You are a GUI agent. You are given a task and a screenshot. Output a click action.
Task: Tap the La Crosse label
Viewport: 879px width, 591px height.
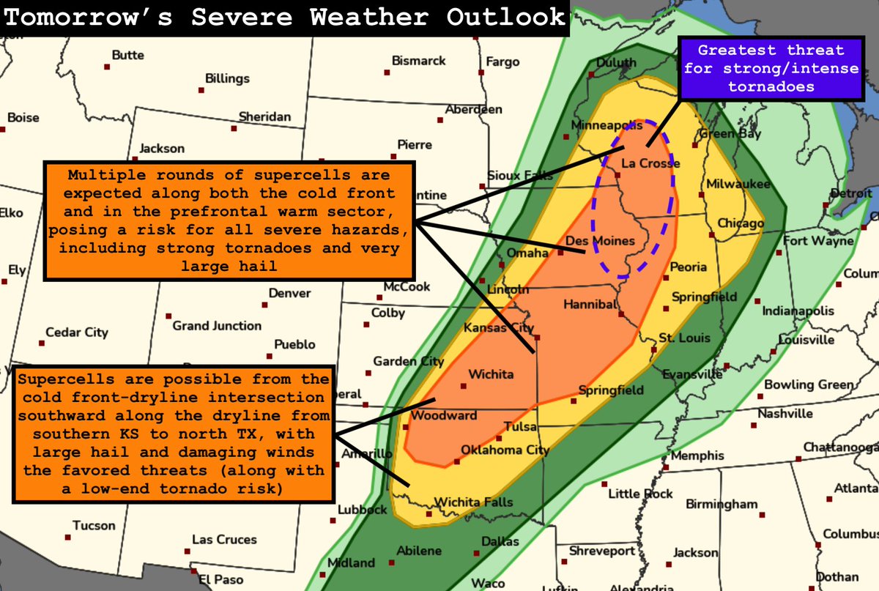650,163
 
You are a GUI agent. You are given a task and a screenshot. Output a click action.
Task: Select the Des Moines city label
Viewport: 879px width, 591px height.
599,240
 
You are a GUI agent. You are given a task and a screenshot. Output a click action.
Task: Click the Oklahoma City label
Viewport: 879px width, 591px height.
505,450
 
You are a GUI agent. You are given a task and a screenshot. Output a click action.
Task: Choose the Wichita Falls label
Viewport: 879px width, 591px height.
474,502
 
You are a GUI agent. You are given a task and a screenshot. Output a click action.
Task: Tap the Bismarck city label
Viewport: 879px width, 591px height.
418,61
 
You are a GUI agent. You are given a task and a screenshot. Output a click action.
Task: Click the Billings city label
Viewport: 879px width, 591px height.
227,78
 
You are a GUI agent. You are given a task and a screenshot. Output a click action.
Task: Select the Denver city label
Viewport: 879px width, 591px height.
289,293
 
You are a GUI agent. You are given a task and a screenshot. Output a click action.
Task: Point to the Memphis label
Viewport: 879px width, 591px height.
697,456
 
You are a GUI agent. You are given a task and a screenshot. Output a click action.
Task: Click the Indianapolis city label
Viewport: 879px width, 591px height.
798,311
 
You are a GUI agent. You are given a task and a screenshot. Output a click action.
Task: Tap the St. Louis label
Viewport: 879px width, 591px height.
684,338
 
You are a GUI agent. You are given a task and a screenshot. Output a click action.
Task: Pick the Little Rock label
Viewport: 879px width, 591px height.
640,494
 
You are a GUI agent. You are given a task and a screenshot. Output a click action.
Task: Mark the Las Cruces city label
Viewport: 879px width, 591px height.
224,540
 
